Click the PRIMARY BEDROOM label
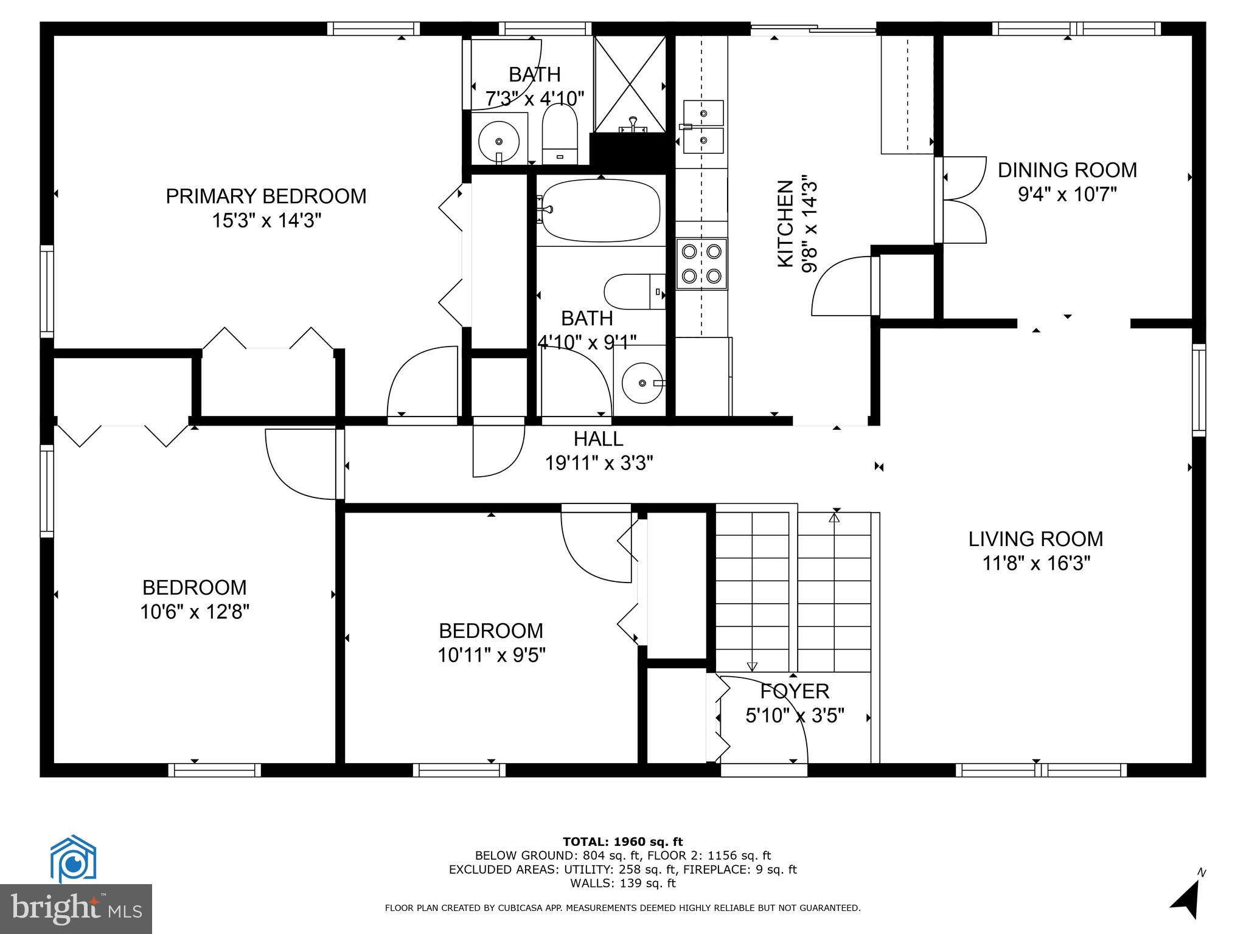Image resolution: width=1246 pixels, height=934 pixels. coord(266,196)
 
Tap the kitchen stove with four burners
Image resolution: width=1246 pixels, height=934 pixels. coord(701,263)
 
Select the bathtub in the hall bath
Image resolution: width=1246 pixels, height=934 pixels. coord(600,210)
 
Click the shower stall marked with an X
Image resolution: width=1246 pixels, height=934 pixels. coord(630,84)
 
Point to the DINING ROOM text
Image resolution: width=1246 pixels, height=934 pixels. coord(1067,170)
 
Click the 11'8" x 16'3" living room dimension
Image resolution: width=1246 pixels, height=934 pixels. coord(1035,564)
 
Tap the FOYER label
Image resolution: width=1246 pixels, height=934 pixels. coord(795,691)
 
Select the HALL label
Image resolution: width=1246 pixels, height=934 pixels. coord(598,438)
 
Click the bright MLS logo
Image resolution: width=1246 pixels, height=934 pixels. coord(75,909)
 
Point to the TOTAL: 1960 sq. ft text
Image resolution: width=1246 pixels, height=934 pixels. coord(622,842)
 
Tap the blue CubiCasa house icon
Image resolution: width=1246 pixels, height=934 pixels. coord(73,858)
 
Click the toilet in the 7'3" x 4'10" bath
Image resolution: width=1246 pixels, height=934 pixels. coord(559,135)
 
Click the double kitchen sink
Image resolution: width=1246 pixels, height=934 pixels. coord(703,127)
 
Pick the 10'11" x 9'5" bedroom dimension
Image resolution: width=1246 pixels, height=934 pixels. coord(491,655)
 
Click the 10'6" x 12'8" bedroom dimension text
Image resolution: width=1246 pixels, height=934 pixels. coord(195,611)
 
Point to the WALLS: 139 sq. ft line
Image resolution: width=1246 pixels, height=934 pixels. coord(622,884)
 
